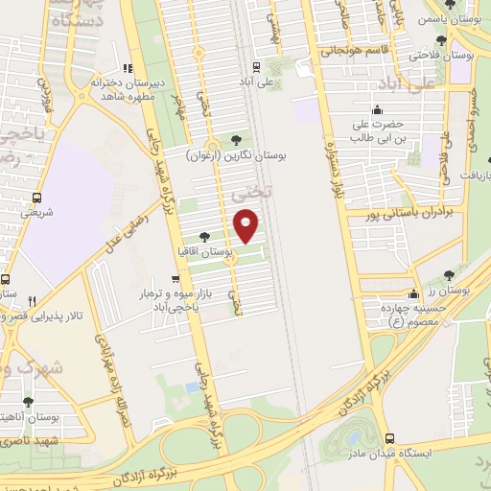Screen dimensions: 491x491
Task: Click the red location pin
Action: pyautogui.click(x=246, y=224)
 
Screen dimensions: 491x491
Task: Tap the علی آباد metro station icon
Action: pyautogui.click(x=255, y=66)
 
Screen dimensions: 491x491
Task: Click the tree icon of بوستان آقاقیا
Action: pyautogui.click(x=203, y=235)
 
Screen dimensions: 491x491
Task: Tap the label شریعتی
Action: pyautogui.click(x=36, y=212)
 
